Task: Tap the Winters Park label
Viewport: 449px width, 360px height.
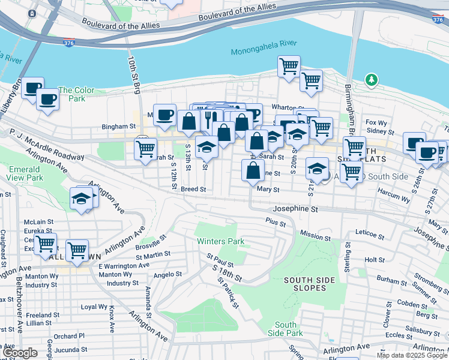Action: [x=221, y=241]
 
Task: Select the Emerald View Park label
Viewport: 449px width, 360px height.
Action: [x=26, y=173]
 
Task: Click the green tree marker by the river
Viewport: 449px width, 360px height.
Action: [x=372, y=79]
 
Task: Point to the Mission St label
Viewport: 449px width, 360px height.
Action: [x=312, y=236]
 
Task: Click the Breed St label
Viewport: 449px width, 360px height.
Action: [x=193, y=189]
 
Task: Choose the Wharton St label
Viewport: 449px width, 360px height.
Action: [x=285, y=107]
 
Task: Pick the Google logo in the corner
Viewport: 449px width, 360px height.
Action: [x=20, y=353]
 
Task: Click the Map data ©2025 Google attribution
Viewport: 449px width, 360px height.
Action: [x=412, y=355]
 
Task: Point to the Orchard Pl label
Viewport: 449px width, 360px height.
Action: [x=68, y=335]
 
